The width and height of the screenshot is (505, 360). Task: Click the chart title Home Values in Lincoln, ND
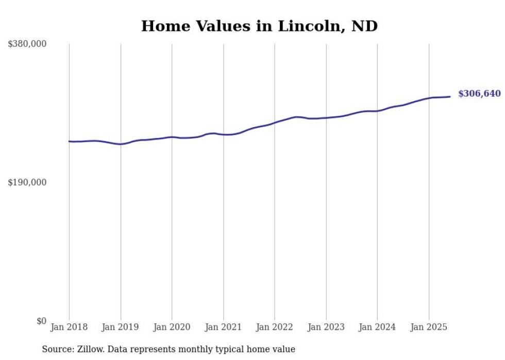click(x=259, y=26)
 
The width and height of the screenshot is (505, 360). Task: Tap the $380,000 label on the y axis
click(x=27, y=44)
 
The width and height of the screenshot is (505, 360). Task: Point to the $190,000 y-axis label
click(x=27, y=182)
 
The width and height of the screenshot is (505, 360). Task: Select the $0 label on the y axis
click(x=41, y=321)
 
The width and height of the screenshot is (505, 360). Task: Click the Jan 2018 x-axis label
click(x=69, y=327)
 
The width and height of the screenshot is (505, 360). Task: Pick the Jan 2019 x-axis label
click(x=121, y=327)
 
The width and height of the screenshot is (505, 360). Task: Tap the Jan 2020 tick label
click(x=172, y=327)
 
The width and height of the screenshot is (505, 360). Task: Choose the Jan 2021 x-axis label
click(x=223, y=327)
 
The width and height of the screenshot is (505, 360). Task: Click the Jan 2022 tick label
click(x=275, y=327)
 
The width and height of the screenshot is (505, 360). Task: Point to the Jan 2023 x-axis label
click(x=326, y=327)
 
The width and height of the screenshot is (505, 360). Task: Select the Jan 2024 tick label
click(x=377, y=327)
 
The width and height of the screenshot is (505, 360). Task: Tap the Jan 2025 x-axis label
click(x=428, y=327)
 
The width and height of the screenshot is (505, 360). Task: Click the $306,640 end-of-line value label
click(x=479, y=94)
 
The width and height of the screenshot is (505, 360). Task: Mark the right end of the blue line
click(x=450, y=96)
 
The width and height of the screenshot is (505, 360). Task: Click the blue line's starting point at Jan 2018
click(x=69, y=141)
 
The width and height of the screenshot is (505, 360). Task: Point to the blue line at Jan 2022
click(x=275, y=123)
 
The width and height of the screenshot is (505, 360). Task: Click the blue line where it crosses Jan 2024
click(x=377, y=111)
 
